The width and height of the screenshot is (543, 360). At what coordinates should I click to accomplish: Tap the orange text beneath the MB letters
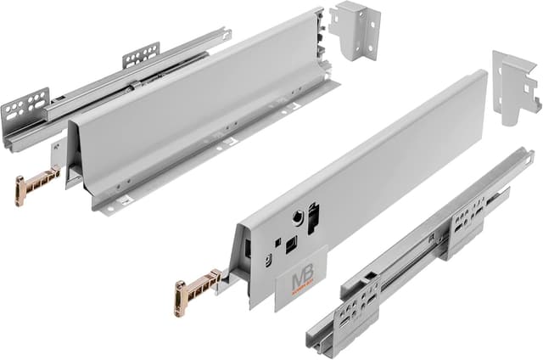point(302,291)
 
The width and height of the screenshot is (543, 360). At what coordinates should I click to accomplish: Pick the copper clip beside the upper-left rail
point(35,185)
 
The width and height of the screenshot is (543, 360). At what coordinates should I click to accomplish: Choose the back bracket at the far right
point(516,86)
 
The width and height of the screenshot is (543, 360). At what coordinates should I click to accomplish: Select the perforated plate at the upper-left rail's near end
point(25,105)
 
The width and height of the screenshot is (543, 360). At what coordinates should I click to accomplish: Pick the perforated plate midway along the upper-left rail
point(141,55)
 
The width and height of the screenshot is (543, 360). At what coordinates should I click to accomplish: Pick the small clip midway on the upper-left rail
point(132,86)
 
